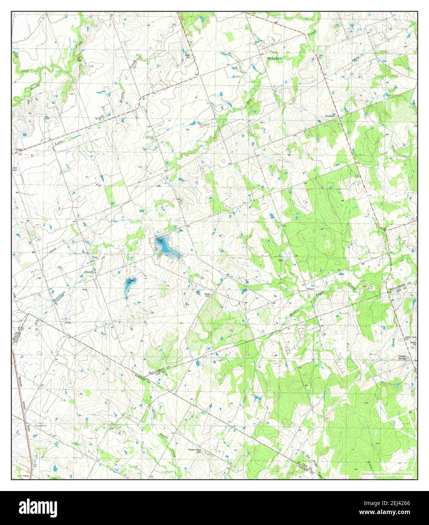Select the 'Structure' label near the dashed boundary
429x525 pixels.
tap(329, 116)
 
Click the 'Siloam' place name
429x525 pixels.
tap(300, 288)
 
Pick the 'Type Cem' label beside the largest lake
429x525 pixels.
tap(157, 249)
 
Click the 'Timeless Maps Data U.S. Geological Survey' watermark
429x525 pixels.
tap(387, 473)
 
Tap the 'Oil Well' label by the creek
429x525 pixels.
tap(79, 58)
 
